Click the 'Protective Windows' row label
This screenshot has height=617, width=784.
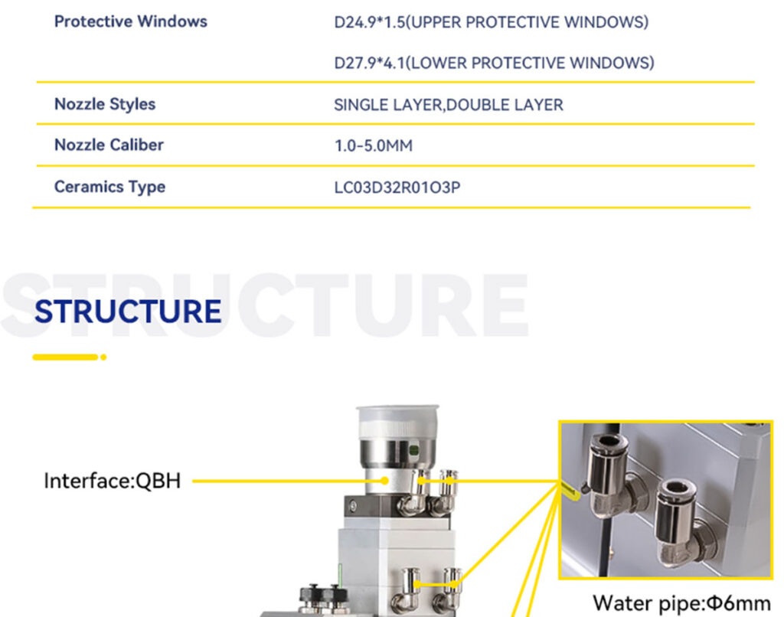click(x=130, y=21)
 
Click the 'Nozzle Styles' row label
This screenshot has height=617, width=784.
click(x=105, y=104)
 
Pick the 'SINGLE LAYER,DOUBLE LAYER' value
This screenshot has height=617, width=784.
click(x=449, y=105)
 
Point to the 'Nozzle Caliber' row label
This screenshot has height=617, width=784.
click(x=109, y=145)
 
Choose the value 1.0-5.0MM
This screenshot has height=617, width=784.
click(x=374, y=146)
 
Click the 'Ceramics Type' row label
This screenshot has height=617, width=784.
click(x=109, y=187)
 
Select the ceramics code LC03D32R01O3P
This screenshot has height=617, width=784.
click(x=397, y=188)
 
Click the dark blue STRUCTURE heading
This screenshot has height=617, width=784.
click(x=128, y=311)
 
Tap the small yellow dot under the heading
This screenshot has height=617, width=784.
click(x=103, y=357)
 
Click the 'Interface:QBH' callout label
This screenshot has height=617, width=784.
click(x=113, y=481)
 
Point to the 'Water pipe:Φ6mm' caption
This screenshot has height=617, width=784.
click(x=681, y=603)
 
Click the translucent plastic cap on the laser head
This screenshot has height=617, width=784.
click(x=397, y=423)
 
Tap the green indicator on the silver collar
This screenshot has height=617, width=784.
click(x=413, y=450)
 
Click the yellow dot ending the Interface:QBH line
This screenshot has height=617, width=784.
click(x=384, y=481)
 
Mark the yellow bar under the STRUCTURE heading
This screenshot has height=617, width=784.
click(x=66, y=357)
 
